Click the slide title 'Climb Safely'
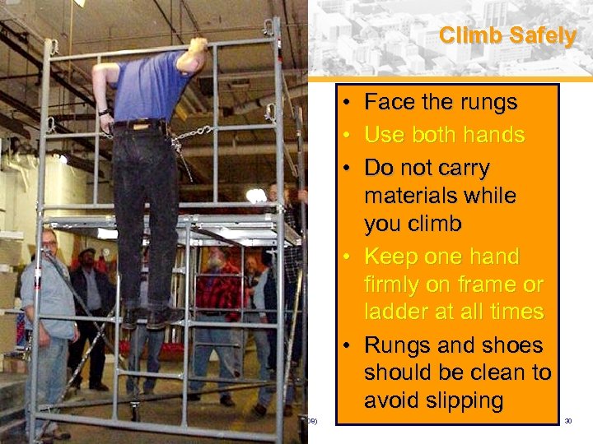(x=507, y=36)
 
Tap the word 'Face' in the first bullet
(x=390, y=103)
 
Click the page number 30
(x=567, y=422)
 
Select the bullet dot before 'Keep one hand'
(x=349, y=257)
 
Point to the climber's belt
(x=140, y=125)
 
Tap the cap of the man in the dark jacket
(x=87, y=252)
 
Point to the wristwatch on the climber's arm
(x=104, y=111)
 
